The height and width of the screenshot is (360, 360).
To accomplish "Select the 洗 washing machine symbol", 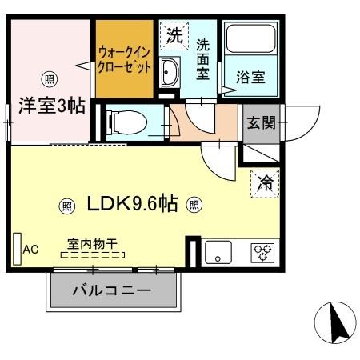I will click(x=174, y=35).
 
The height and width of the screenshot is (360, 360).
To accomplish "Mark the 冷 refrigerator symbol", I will click(x=266, y=182).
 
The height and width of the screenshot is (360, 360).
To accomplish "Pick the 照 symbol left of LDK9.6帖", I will click(x=66, y=205).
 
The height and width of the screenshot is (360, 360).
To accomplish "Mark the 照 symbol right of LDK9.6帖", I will click(x=194, y=205).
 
